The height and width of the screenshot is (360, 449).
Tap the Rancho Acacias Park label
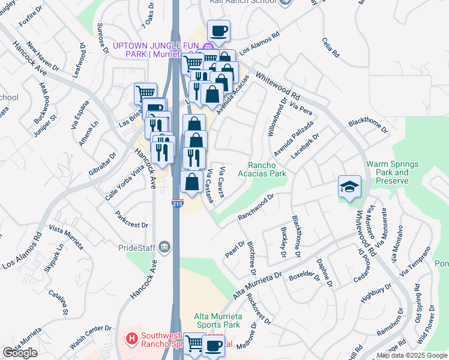pyautogui.click(x=267, y=169)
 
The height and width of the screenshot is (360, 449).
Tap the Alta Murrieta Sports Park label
pyautogui.click(x=217, y=320)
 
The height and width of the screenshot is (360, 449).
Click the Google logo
pyautogui.click(x=20, y=353)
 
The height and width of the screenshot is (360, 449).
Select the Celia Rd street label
pyautogui.click(x=331, y=47)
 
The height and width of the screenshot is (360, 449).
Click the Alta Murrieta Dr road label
pyautogui.click(x=257, y=285)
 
